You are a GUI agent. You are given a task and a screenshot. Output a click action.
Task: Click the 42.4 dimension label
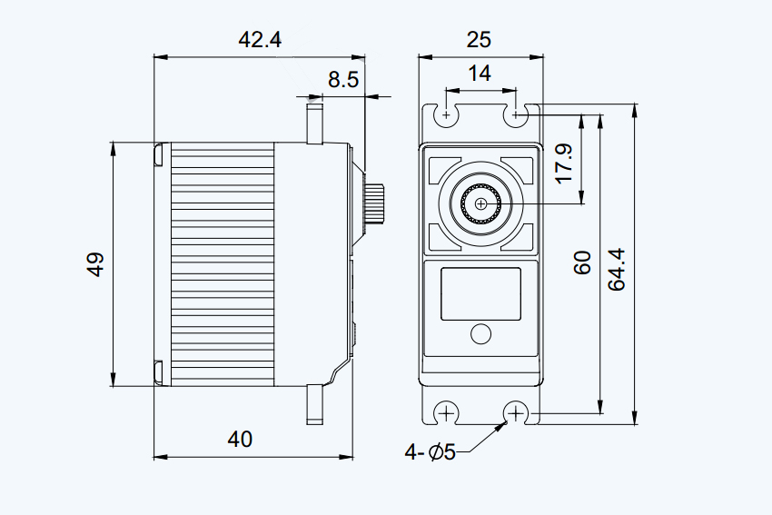(260, 39)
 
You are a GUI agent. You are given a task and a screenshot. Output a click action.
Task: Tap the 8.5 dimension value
(343, 79)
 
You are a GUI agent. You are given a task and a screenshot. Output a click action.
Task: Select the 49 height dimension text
(95, 264)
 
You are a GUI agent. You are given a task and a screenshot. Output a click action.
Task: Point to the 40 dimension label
(240, 439)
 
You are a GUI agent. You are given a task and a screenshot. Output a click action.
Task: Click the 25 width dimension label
(479, 39)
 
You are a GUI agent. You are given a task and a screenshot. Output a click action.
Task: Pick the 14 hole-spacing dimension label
(479, 74)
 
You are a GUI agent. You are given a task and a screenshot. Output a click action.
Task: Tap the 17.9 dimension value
(564, 163)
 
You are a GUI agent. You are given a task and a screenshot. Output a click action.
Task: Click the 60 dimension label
(582, 262)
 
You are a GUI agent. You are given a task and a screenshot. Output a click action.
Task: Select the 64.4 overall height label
(617, 270)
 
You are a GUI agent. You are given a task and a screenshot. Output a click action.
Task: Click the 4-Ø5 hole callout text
(430, 452)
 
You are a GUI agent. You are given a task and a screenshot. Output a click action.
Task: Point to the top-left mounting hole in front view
(447, 115)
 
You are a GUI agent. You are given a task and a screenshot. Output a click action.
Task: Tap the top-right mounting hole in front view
(516, 115)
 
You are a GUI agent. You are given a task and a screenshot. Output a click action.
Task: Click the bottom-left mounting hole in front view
(446, 413)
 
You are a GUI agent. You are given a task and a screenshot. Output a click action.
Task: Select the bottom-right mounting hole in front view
(516, 413)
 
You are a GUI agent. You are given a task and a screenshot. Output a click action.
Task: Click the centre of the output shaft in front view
(480, 203)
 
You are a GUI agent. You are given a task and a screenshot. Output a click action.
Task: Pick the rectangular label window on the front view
(480, 294)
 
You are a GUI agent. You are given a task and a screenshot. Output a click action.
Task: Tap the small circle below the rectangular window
(480, 334)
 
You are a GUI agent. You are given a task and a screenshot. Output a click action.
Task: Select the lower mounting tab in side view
(314, 404)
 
